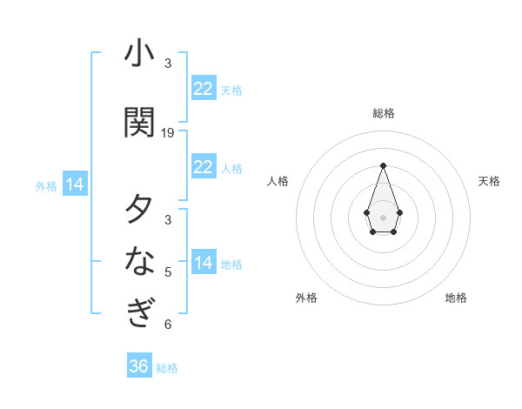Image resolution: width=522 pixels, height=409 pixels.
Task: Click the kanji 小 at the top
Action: click(139, 54)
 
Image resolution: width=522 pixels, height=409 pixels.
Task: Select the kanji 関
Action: click(139, 122)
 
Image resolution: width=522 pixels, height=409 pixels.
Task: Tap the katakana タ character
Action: click(139, 210)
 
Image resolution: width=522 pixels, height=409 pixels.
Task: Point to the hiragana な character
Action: click(139, 260)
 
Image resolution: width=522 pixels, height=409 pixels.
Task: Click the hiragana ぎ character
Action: click(139, 311)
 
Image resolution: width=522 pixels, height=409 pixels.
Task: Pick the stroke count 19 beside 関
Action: click(168, 133)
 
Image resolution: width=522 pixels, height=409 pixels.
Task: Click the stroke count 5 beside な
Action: click(168, 272)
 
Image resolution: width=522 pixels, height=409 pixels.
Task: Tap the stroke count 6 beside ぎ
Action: click(168, 325)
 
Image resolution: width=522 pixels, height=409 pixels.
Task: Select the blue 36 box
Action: click(139, 366)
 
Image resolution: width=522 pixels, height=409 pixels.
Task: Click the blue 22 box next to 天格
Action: click(204, 89)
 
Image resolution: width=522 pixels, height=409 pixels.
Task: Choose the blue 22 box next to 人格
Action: click(204, 167)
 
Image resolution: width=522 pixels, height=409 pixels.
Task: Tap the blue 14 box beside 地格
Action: click(204, 263)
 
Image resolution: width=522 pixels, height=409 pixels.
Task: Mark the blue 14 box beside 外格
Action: click(75, 184)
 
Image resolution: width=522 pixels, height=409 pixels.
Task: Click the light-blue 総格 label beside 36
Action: click(167, 368)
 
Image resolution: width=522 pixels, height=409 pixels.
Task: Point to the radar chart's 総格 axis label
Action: click(383, 113)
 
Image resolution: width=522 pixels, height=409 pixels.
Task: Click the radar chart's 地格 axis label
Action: click(456, 298)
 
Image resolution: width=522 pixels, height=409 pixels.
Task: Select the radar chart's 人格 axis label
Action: click(278, 181)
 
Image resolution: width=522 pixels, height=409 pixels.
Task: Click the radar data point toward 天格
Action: click(399, 212)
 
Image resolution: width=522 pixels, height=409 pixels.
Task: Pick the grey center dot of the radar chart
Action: click(383, 216)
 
